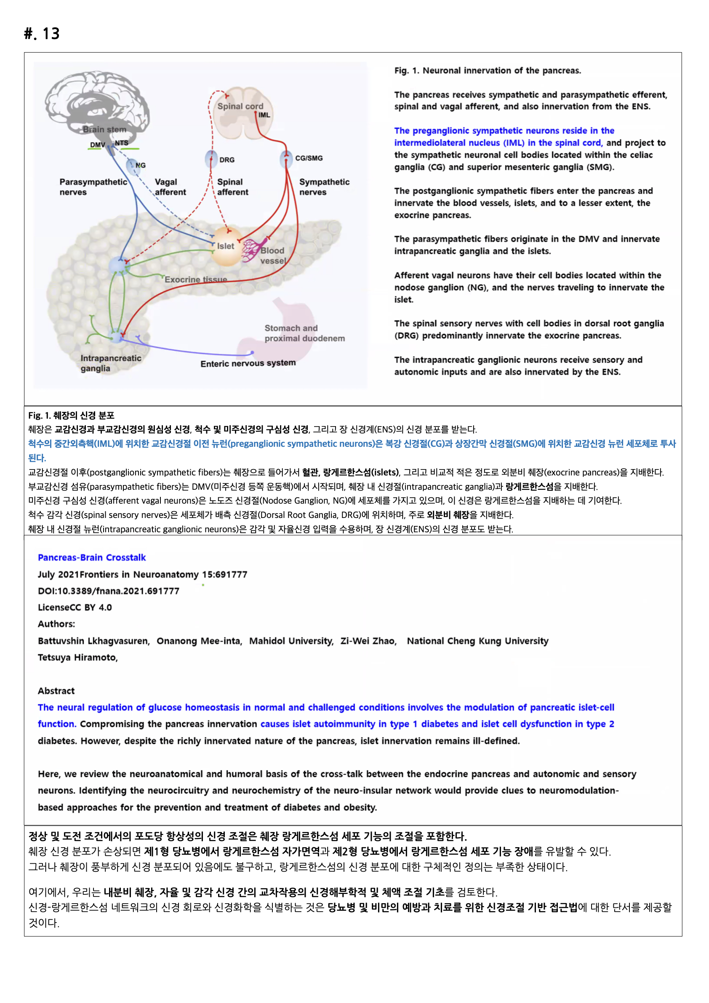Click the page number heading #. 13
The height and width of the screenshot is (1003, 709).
point(42,34)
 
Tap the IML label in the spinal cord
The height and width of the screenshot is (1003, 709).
point(264,115)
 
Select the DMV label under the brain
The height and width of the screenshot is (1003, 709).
point(97,145)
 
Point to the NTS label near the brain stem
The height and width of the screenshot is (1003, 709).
point(121,143)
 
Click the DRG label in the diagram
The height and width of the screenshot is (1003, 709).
point(227,160)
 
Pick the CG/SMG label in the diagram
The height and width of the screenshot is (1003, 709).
point(309,158)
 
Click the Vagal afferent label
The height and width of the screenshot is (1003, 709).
point(170,187)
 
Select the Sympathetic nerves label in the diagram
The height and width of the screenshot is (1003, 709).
point(324,187)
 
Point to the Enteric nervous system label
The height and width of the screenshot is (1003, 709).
point(248,363)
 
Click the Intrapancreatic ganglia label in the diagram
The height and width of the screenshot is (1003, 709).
point(111,363)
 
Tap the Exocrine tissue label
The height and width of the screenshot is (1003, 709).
point(196,280)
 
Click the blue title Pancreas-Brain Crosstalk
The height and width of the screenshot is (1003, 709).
point(92,558)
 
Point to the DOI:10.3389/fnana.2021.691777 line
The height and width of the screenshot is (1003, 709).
point(108,591)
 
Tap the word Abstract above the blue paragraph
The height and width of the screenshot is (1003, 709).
point(56,691)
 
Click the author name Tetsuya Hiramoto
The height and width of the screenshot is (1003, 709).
point(77,657)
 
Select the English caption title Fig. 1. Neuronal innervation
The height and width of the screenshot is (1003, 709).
point(487,70)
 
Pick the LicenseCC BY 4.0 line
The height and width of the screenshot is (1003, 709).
point(75,607)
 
